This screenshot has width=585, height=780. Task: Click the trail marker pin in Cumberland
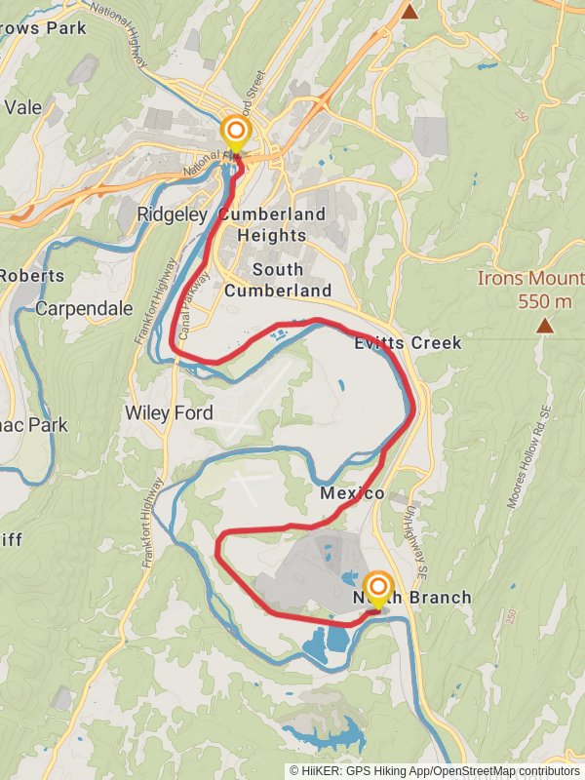click(235, 133)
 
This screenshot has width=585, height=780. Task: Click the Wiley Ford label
click(169, 412)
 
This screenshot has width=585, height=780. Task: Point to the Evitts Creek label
click(408, 343)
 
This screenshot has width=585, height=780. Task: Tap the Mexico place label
click(352, 493)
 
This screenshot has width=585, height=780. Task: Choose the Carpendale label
click(84, 308)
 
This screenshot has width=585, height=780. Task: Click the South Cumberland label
click(277, 280)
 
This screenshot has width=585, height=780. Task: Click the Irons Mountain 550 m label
click(530, 290)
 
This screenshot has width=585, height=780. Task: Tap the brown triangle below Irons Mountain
click(544, 326)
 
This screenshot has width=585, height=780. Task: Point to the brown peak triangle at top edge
click(410, 11)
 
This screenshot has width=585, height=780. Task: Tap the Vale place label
click(23, 107)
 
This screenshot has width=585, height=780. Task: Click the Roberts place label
click(31, 275)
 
